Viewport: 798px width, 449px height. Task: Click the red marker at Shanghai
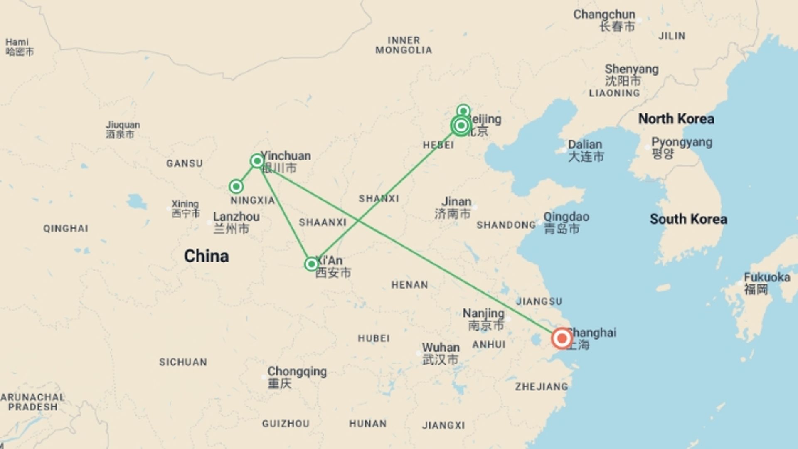tap(562, 338)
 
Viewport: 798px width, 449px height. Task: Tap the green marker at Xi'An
tap(311, 264)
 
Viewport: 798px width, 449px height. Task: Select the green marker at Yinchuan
tap(257, 161)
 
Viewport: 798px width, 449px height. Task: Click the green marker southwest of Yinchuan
tap(236, 186)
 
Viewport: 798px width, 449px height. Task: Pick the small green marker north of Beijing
tap(463, 111)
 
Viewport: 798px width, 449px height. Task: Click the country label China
tap(206, 256)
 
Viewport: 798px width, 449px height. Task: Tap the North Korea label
tap(676, 119)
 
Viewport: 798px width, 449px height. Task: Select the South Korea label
tap(688, 219)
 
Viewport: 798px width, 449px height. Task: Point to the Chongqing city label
tap(297, 371)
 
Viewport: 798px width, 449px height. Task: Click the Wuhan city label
tap(441, 348)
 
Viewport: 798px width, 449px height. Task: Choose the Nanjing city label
tap(483, 313)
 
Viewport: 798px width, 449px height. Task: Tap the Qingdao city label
tap(566, 217)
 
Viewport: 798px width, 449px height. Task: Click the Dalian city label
tap(585, 145)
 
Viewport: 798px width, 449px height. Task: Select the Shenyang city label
tap(631, 69)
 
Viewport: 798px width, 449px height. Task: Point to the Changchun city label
tap(604, 15)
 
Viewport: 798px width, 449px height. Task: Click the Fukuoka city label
tap(767, 277)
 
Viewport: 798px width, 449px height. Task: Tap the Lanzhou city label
tap(236, 217)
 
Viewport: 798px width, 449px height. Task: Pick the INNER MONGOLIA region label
tap(404, 45)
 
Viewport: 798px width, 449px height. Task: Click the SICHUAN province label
tap(183, 362)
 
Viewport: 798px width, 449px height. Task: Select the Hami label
tap(17, 42)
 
